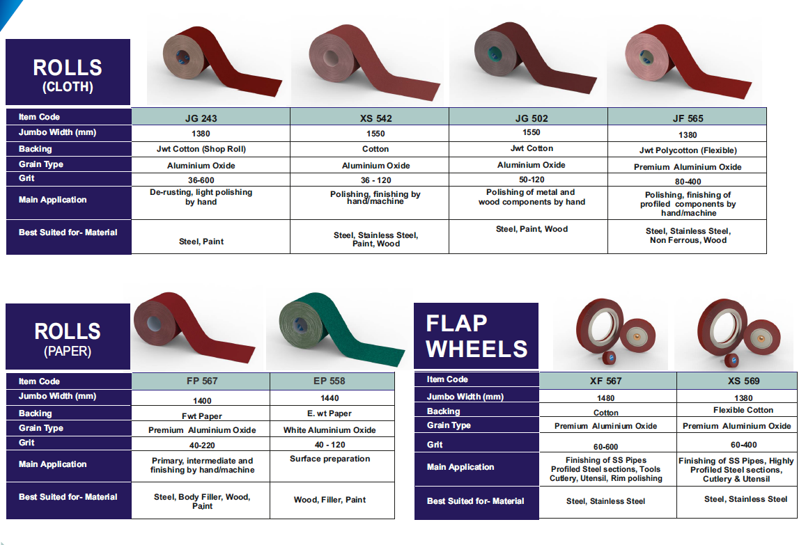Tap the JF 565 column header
(x=687, y=117)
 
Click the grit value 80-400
(x=688, y=182)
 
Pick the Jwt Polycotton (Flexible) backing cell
(x=688, y=150)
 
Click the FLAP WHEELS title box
(x=476, y=336)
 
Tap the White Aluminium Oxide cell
(x=330, y=430)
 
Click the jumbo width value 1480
(x=605, y=398)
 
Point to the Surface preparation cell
(x=330, y=459)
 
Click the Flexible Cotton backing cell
(x=743, y=410)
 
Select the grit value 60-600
(x=605, y=447)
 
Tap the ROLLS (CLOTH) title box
(x=68, y=72)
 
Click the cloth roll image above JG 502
(x=534, y=59)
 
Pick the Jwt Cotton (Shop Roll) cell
(x=201, y=149)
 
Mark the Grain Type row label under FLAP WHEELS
(x=449, y=425)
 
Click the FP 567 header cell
(x=201, y=381)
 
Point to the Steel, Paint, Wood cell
(x=532, y=229)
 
